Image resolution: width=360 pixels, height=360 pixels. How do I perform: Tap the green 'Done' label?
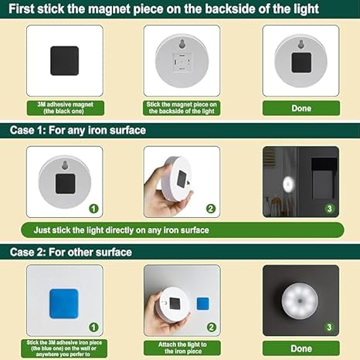301,108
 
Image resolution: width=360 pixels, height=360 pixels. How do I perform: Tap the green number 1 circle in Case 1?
92,208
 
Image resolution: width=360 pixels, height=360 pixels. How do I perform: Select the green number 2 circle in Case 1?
209,208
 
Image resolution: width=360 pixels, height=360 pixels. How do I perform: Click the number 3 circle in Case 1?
328,208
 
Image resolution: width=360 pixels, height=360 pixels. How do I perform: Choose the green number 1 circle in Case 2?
93,328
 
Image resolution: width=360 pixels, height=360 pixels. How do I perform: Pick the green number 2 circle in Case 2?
210,328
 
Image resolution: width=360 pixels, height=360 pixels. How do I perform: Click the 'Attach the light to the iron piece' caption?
182,346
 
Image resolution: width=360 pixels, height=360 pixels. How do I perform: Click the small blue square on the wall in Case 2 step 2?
203,302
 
